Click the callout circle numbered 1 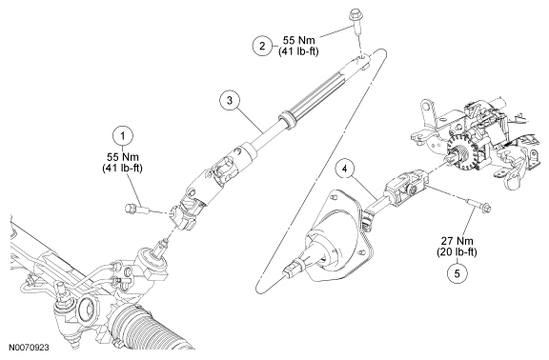coord(123,136)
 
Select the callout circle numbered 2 coord(263,46)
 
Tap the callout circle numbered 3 coord(230,100)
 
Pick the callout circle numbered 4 coord(345,170)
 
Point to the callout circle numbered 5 coord(457,273)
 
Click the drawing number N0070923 coord(29,348)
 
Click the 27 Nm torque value coord(457,241)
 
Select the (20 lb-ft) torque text coord(457,251)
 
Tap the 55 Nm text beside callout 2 coord(298,40)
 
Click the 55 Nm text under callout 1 coord(123,156)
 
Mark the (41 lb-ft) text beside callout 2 coord(298,51)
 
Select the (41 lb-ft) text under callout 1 coord(123,168)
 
